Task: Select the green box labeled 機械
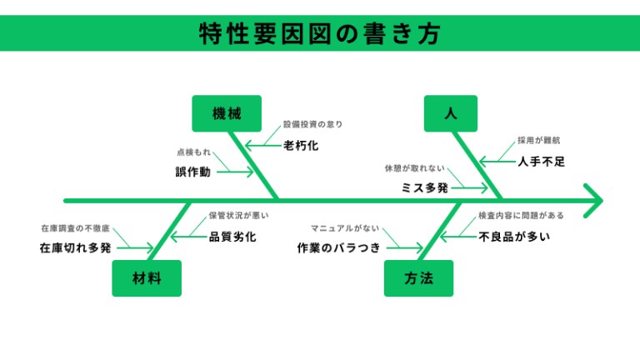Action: pyautogui.click(x=227, y=113)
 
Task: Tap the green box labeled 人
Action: pyautogui.click(x=451, y=113)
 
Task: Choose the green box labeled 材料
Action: pyautogui.click(x=147, y=278)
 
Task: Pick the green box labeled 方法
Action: pyautogui.click(x=419, y=278)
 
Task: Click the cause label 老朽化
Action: pyautogui.click(x=301, y=146)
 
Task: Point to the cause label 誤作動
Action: pyautogui.click(x=192, y=172)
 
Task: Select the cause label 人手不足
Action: pyautogui.click(x=541, y=162)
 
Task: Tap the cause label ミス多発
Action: pyautogui.click(x=425, y=188)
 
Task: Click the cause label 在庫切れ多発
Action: pyautogui.click(x=75, y=247)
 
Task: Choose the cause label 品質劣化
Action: pyautogui.click(x=232, y=237)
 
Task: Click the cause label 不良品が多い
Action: pyautogui.click(x=514, y=237)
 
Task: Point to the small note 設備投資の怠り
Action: pyautogui.click(x=313, y=124)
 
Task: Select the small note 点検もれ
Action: pyautogui.click(x=193, y=153)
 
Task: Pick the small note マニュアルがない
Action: pyautogui.click(x=345, y=227)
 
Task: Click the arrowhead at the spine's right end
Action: pyautogui.click(x=593, y=200)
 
